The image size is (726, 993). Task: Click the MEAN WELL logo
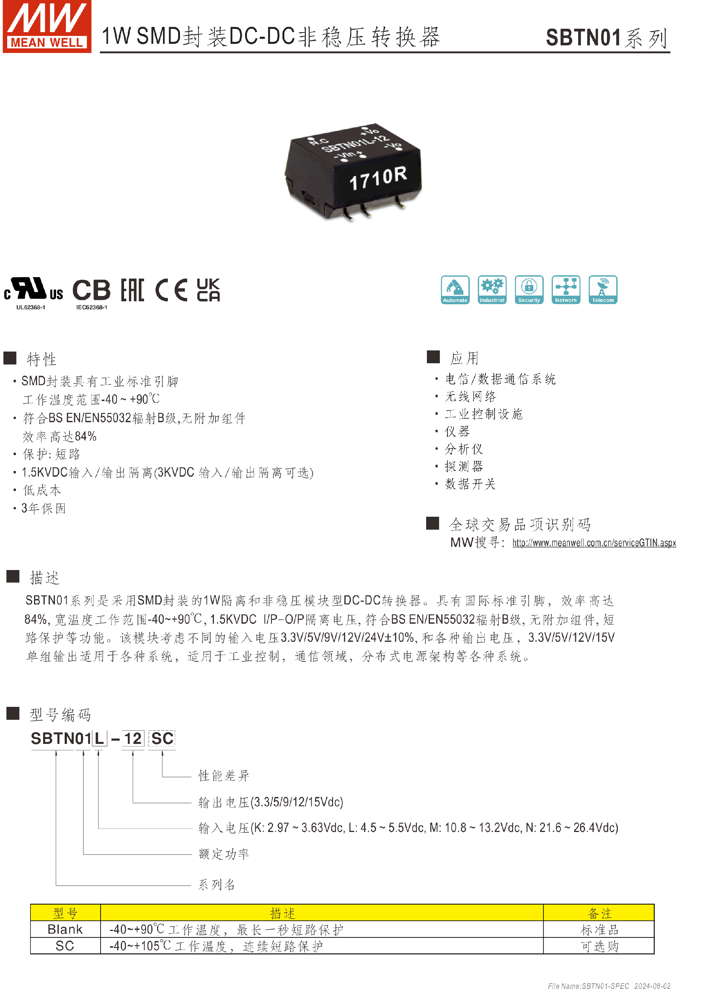[x=47, y=26]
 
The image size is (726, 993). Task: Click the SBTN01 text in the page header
[x=583, y=38]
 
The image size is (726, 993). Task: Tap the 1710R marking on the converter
[x=378, y=178]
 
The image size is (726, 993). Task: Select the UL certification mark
[x=33, y=290]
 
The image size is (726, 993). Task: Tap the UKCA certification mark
[x=208, y=290]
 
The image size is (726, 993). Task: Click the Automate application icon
[x=455, y=290]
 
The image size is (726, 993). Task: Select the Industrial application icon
[x=492, y=290]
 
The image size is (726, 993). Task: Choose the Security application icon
[x=529, y=290]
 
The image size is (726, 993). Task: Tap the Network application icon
[x=566, y=290]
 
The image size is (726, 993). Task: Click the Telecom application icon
[x=603, y=290]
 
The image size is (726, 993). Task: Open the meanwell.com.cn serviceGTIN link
[x=594, y=543]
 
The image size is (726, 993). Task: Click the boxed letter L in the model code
[x=99, y=739]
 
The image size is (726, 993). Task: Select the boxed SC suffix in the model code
[x=162, y=739]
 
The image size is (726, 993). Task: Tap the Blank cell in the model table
[x=65, y=930]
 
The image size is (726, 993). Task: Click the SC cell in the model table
[x=65, y=946]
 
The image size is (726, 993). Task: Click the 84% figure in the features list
[x=85, y=436]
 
